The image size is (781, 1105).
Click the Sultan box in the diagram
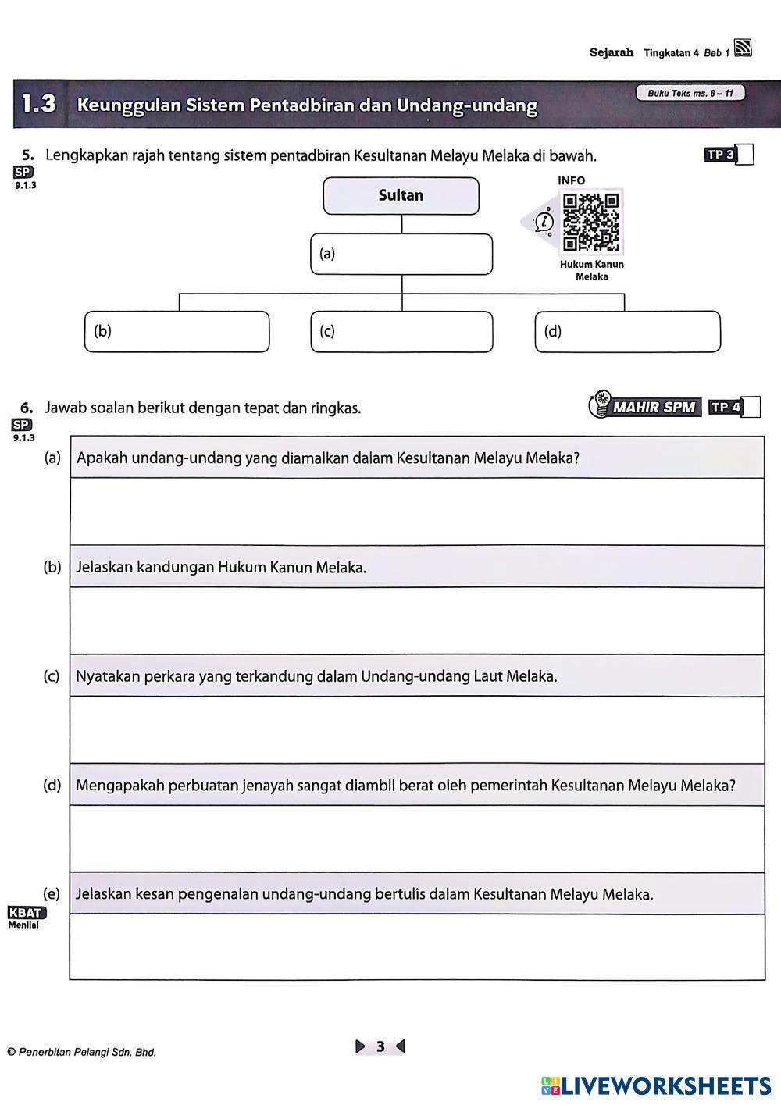[x=401, y=196]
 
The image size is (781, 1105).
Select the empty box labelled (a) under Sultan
[x=401, y=255]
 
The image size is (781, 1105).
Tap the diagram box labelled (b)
[x=177, y=332]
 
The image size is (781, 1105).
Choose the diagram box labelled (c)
[x=401, y=332]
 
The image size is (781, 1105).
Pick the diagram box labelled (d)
[x=627, y=332]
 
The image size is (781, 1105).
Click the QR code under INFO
[x=591, y=221]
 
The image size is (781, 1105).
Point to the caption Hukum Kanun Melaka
[x=591, y=270]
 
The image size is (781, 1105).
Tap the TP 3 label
[x=719, y=155]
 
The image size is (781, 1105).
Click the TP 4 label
[x=725, y=407]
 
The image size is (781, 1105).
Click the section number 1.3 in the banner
[x=39, y=104]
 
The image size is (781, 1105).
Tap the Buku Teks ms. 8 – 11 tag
[x=690, y=94]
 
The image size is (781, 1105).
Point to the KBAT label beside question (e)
[x=27, y=912]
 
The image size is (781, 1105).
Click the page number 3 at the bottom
[x=380, y=1046]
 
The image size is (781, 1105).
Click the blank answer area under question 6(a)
[x=417, y=512]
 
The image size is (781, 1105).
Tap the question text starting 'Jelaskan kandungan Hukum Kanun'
[x=221, y=568]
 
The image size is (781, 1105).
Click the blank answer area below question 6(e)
[x=417, y=946]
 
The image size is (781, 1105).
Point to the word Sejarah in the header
[x=612, y=53]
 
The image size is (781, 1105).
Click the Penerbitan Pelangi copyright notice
[x=82, y=1052]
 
